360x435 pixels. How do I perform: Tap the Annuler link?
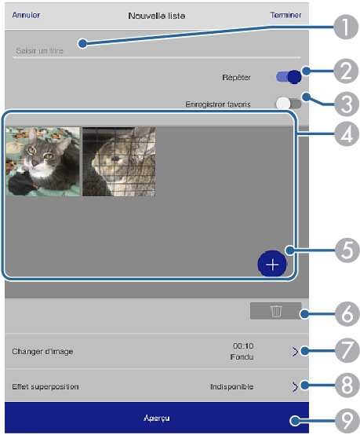click(x=26, y=15)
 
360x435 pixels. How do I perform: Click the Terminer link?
click(x=285, y=15)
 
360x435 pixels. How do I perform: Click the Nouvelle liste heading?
click(x=157, y=16)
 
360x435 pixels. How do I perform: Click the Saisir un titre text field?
click(x=157, y=51)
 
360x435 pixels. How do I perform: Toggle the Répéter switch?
click(x=289, y=77)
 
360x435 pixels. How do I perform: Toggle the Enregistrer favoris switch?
click(x=288, y=104)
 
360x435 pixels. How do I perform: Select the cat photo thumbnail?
click(x=42, y=162)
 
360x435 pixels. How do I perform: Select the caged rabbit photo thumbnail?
click(x=119, y=162)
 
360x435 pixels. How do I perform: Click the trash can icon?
click(x=276, y=311)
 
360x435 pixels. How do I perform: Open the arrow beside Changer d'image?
click(x=295, y=352)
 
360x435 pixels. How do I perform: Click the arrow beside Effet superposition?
click(x=295, y=387)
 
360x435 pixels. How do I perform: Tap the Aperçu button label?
click(x=157, y=418)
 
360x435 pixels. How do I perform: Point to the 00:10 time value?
click(x=243, y=346)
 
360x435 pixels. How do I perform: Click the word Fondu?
click(x=242, y=356)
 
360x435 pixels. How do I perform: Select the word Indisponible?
click(x=231, y=387)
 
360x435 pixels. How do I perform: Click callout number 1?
click(x=346, y=27)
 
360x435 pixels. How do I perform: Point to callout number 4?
click(x=347, y=134)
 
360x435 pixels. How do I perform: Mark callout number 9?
click(x=347, y=421)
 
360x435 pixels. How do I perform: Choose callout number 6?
click(x=347, y=314)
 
